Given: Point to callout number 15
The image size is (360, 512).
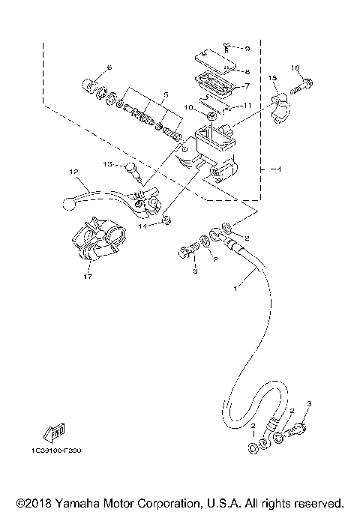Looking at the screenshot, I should pos(272,78).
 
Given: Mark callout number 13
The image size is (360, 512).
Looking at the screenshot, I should pos(107,163).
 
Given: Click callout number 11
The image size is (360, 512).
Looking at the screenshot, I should pos(248,106).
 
